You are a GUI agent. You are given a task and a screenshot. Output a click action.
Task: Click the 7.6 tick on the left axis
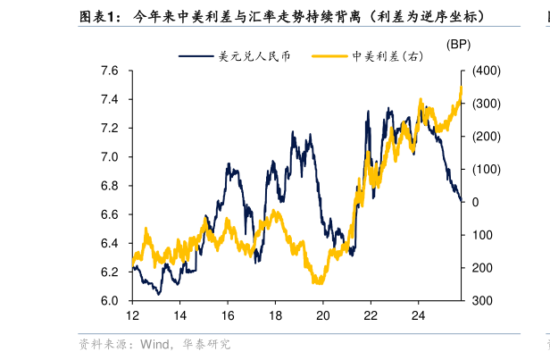[110, 71]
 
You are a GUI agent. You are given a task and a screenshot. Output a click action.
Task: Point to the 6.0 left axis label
[110, 301]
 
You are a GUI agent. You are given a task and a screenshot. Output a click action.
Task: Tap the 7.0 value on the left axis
[110, 157]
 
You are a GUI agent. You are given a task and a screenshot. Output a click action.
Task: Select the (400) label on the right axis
[486, 71]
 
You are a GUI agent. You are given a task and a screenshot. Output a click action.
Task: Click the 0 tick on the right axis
[475, 202]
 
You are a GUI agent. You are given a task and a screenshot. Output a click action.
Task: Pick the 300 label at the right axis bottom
[482, 301]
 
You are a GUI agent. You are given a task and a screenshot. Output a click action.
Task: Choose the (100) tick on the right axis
[486, 170]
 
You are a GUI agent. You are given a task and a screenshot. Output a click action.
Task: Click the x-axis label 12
[132, 315]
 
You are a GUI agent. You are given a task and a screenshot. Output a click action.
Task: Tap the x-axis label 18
[275, 315]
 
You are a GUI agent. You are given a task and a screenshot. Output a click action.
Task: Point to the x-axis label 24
[418, 315]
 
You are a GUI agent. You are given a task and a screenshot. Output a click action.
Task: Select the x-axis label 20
[323, 315]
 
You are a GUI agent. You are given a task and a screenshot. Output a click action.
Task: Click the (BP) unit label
[458, 45]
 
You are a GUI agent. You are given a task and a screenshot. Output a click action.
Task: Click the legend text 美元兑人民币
[254, 56]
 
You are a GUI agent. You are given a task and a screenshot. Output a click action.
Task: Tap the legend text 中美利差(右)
[387, 56]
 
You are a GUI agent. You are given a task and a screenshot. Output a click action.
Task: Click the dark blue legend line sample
[196, 56]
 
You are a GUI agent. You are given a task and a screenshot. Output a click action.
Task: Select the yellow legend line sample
[329, 56]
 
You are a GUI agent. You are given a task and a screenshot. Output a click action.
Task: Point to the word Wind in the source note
[154, 344]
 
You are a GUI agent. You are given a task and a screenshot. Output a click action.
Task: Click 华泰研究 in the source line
[206, 344]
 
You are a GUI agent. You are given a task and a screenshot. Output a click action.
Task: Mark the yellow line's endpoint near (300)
[462, 88]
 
